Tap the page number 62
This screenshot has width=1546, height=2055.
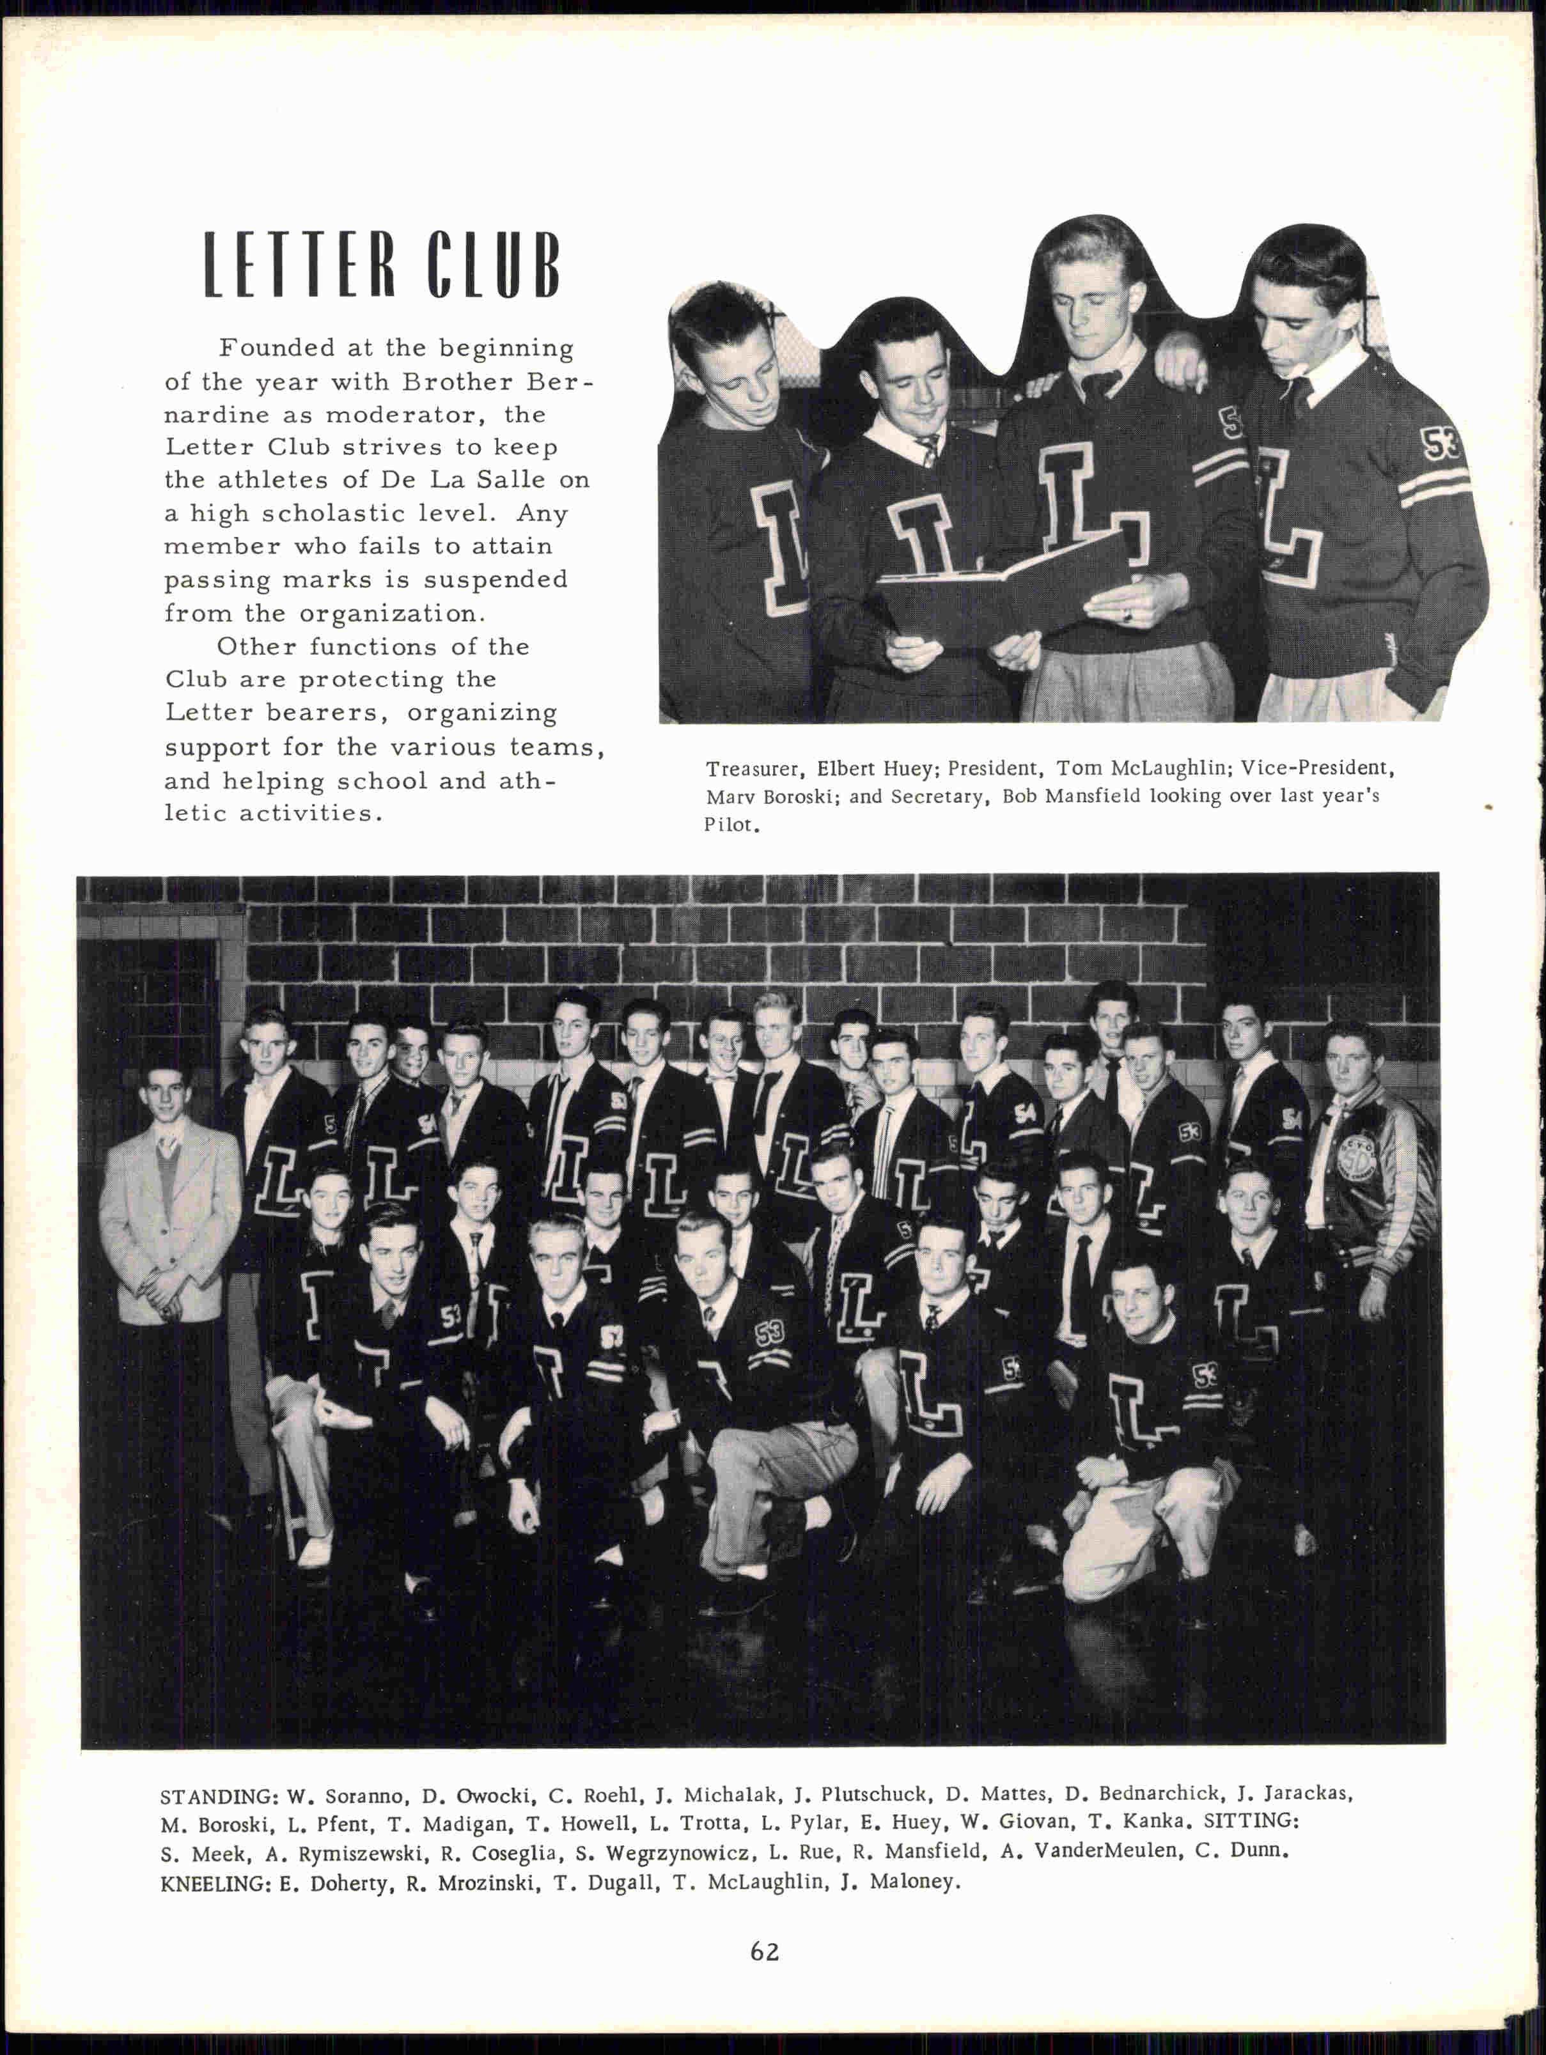point(765,1952)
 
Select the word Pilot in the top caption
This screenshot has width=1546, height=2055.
point(730,825)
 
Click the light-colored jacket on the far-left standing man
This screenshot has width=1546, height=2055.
point(168,1227)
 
